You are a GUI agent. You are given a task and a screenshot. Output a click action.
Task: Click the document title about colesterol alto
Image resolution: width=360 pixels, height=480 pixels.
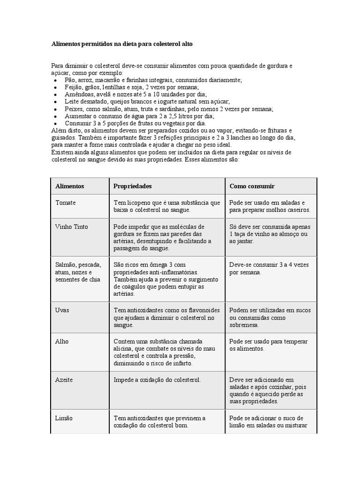(122, 44)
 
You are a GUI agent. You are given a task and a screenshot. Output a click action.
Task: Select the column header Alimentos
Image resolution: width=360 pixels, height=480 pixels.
(70, 186)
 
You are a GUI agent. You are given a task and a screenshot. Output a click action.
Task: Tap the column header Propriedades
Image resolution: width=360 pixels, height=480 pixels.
(133, 186)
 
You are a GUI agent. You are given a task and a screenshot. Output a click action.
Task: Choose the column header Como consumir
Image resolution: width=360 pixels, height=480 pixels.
(252, 186)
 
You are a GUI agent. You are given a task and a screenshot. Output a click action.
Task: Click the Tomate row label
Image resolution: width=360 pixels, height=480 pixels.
(65, 202)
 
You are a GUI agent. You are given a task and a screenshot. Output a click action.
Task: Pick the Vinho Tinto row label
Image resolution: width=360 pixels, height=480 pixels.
(72, 227)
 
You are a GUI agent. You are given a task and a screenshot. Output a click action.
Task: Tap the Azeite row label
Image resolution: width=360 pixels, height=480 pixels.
(65, 380)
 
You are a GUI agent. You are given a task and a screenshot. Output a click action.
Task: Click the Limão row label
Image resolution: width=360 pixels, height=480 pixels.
(64, 418)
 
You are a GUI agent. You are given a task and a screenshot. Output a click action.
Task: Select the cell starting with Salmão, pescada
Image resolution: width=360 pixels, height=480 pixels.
(78, 272)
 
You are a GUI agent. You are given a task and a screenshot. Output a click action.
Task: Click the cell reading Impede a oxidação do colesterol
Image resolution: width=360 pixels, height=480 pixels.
(157, 380)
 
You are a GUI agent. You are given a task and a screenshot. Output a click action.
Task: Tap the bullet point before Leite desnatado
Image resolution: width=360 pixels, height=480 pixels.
(55, 102)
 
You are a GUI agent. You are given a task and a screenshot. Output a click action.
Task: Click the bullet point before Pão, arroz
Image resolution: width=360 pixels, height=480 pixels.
(55, 81)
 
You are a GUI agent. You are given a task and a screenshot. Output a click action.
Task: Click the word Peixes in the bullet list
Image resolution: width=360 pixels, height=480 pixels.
(74, 109)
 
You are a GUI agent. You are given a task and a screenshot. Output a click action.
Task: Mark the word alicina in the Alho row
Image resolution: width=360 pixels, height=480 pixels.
(124, 349)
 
